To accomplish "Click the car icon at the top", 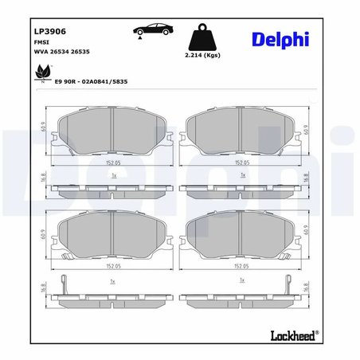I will pos(152,31).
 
